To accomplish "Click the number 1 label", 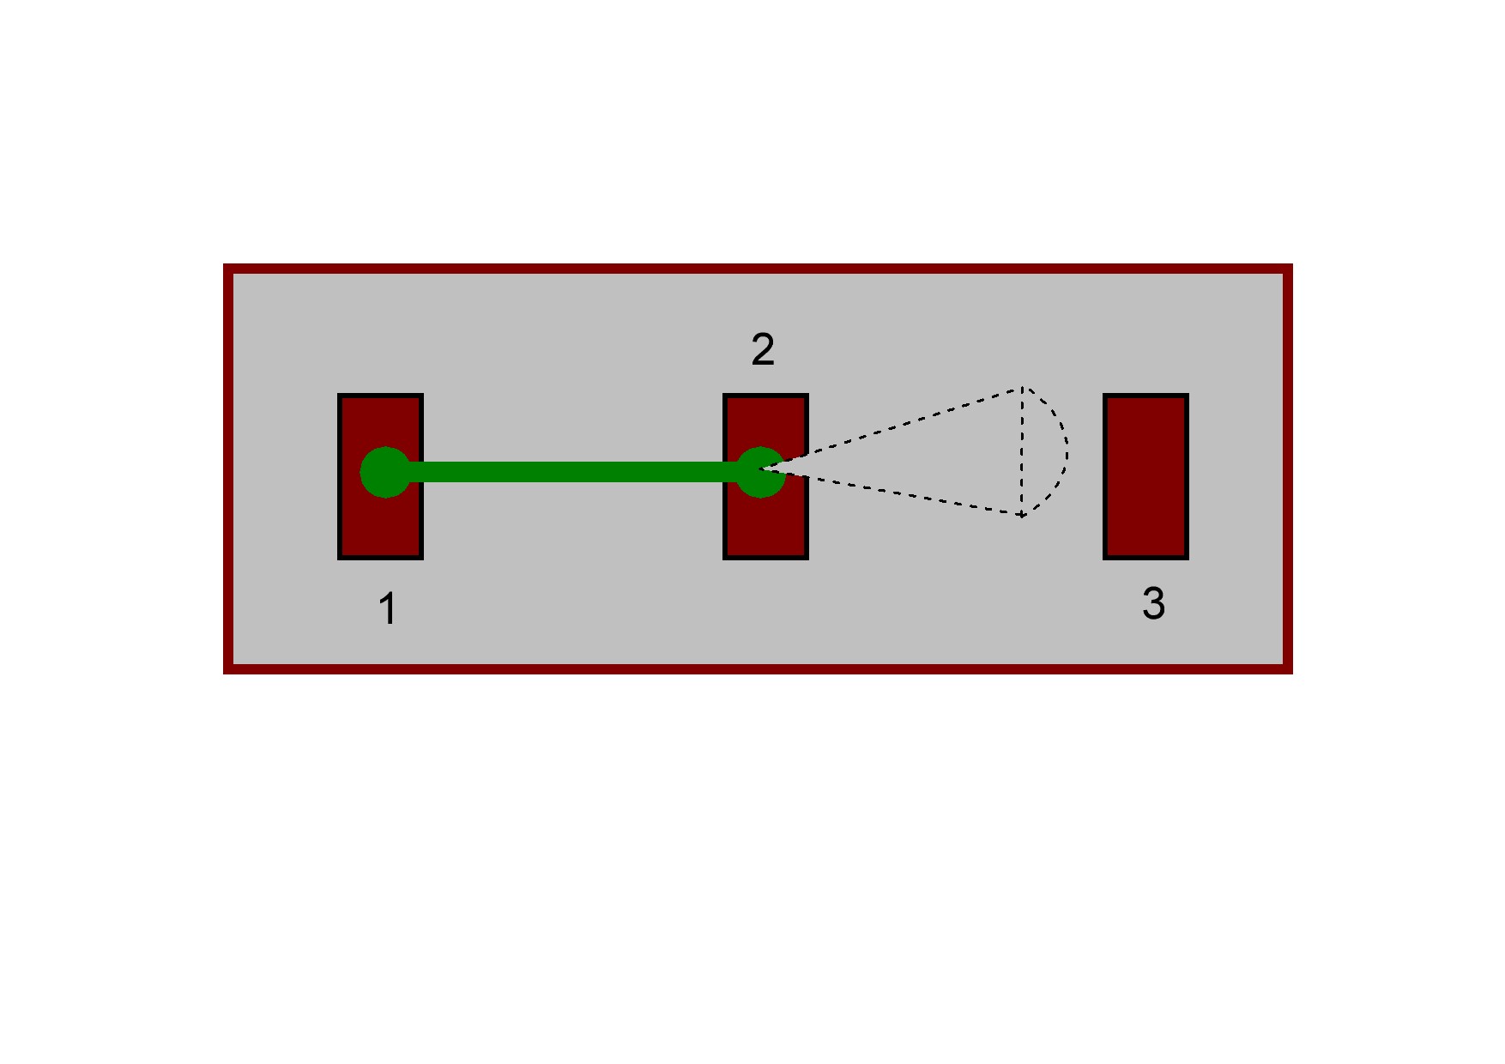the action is pyautogui.click(x=387, y=608).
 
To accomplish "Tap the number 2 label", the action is pyautogui.click(x=763, y=349).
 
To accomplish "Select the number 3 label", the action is pyautogui.click(x=1153, y=602).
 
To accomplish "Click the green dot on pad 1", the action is pyautogui.click(x=385, y=472).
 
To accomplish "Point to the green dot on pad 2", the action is pyautogui.click(x=760, y=472).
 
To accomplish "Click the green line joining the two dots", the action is pyautogui.click(x=573, y=472).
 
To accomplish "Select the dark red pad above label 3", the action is pyautogui.click(x=1145, y=477).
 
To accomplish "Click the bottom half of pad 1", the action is pyautogui.click(x=381, y=528).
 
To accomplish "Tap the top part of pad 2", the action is pyautogui.click(x=766, y=420).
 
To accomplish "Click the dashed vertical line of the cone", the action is pyautogui.click(x=1022, y=452).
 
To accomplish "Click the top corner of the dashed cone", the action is pyautogui.click(x=1022, y=389).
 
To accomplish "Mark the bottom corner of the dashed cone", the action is pyautogui.click(x=1022, y=516).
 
